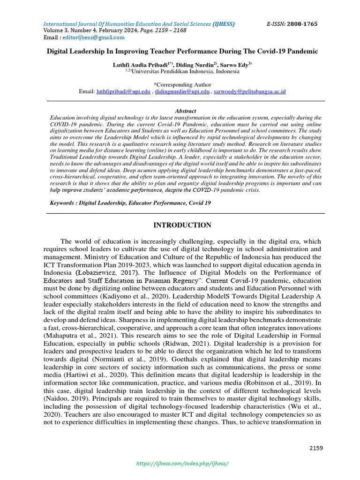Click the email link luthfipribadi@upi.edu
[x=123, y=92]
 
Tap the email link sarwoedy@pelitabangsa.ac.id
[x=249, y=92]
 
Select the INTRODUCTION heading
[x=182, y=225]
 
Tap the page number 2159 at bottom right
[x=316, y=448]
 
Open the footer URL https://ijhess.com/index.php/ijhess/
[x=182, y=463]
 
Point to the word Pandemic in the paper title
[x=301, y=51]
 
